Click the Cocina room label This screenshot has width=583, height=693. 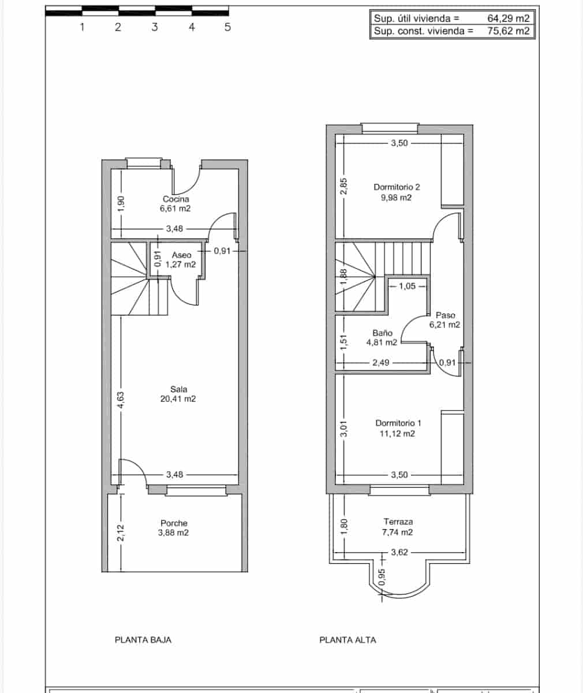point(175,199)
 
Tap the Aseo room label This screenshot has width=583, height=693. point(181,255)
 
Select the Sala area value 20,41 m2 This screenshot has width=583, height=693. point(178,398)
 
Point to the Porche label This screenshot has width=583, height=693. point(174,523)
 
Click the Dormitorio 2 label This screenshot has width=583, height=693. point(397,187)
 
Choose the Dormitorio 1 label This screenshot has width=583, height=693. point(398,423)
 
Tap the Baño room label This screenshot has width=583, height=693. point(382,333)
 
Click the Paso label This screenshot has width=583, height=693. point(445,315)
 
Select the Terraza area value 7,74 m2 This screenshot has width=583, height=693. point(397,532)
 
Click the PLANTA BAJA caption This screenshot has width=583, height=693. point(143,640)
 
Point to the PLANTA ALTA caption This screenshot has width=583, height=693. point(347,640)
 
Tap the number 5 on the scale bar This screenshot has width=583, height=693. point(227,27)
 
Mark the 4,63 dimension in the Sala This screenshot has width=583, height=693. point(121,401)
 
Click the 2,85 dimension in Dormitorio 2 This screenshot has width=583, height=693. point(343,188)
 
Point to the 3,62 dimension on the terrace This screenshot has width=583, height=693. point(399,553)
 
